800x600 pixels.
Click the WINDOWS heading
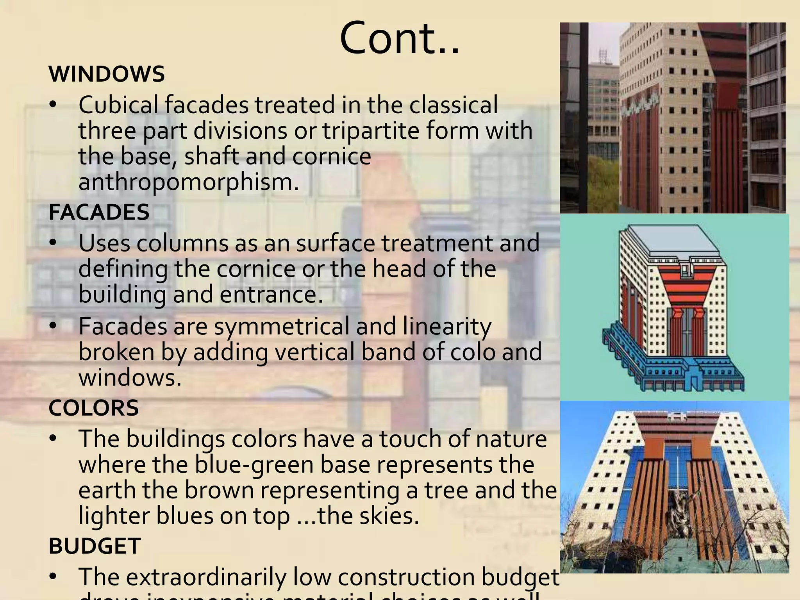(x=106, y=74)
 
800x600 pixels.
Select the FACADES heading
(x=99, y=212)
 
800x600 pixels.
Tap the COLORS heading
(x=93, y=408)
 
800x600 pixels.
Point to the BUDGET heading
(x=94, y=546)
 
